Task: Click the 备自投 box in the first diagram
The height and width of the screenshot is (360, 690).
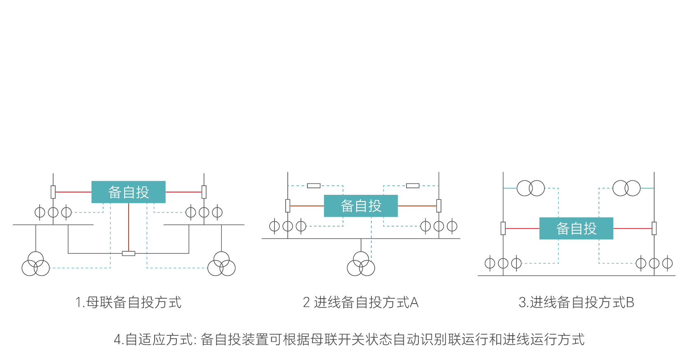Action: (x=128, y=192)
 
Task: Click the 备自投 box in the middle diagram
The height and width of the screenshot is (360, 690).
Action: (x=361, y=206)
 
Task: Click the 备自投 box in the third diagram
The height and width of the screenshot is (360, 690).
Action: (x=576, y=228)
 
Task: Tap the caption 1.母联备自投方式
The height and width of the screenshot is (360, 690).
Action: (x=128, y=302)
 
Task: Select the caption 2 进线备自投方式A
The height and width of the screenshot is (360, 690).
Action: (x=361, y=302)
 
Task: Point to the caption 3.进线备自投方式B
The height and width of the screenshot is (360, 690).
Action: (x=576, y=302)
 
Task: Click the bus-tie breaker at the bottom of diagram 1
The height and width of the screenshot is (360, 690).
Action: (x=129, y=253)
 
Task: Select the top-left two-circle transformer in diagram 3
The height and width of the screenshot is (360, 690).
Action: (x=531, y=188)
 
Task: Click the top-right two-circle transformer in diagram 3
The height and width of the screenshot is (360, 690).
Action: (x=627, y=188)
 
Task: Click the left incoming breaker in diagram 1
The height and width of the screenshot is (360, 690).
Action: (x=53, y=192)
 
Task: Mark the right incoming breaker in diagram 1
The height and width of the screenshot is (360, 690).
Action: (x=204, y=192)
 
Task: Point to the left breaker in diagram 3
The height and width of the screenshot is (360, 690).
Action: (x=503, y=228)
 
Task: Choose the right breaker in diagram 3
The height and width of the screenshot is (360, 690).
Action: (x=654, y=228)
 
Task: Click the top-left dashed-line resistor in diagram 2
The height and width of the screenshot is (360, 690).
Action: (x=314, y=186)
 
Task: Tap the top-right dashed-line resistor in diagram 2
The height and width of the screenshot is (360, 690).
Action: (x=413, y=186)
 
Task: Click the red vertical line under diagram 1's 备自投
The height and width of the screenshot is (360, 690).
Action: (x=129, y=227)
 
